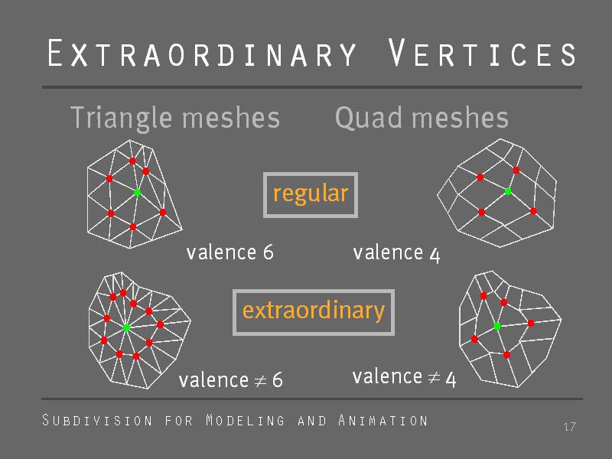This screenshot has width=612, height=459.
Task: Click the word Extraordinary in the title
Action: point(202,53)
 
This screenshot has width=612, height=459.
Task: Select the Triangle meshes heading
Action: point(175,118)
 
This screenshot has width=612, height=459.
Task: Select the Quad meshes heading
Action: point(422,118)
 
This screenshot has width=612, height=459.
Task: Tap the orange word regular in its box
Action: point(311,194)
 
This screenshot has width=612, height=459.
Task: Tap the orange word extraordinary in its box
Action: point(314,311)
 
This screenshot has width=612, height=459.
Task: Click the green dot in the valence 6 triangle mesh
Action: point(138,193)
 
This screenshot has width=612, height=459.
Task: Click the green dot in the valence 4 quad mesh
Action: point(508,191)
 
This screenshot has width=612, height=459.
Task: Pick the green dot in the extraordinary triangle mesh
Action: point(126,327)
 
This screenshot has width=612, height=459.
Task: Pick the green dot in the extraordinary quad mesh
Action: point(497,327)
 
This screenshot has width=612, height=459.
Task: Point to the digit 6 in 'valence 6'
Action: point(269,252)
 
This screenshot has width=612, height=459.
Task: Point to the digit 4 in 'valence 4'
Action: point(435,255)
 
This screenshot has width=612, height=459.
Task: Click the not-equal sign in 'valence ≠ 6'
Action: point(260,380)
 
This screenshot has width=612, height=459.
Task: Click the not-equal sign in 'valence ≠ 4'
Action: point(434,377)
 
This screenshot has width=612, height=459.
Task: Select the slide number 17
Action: point(569,427)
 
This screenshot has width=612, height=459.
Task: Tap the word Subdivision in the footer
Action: point(97,420)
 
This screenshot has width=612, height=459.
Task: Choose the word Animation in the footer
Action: point(383,420)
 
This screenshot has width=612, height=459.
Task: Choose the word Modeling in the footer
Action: point(245,420)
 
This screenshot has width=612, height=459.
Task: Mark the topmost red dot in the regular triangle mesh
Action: point(132,161)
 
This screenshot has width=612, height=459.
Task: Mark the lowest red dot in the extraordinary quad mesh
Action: point(506,355)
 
